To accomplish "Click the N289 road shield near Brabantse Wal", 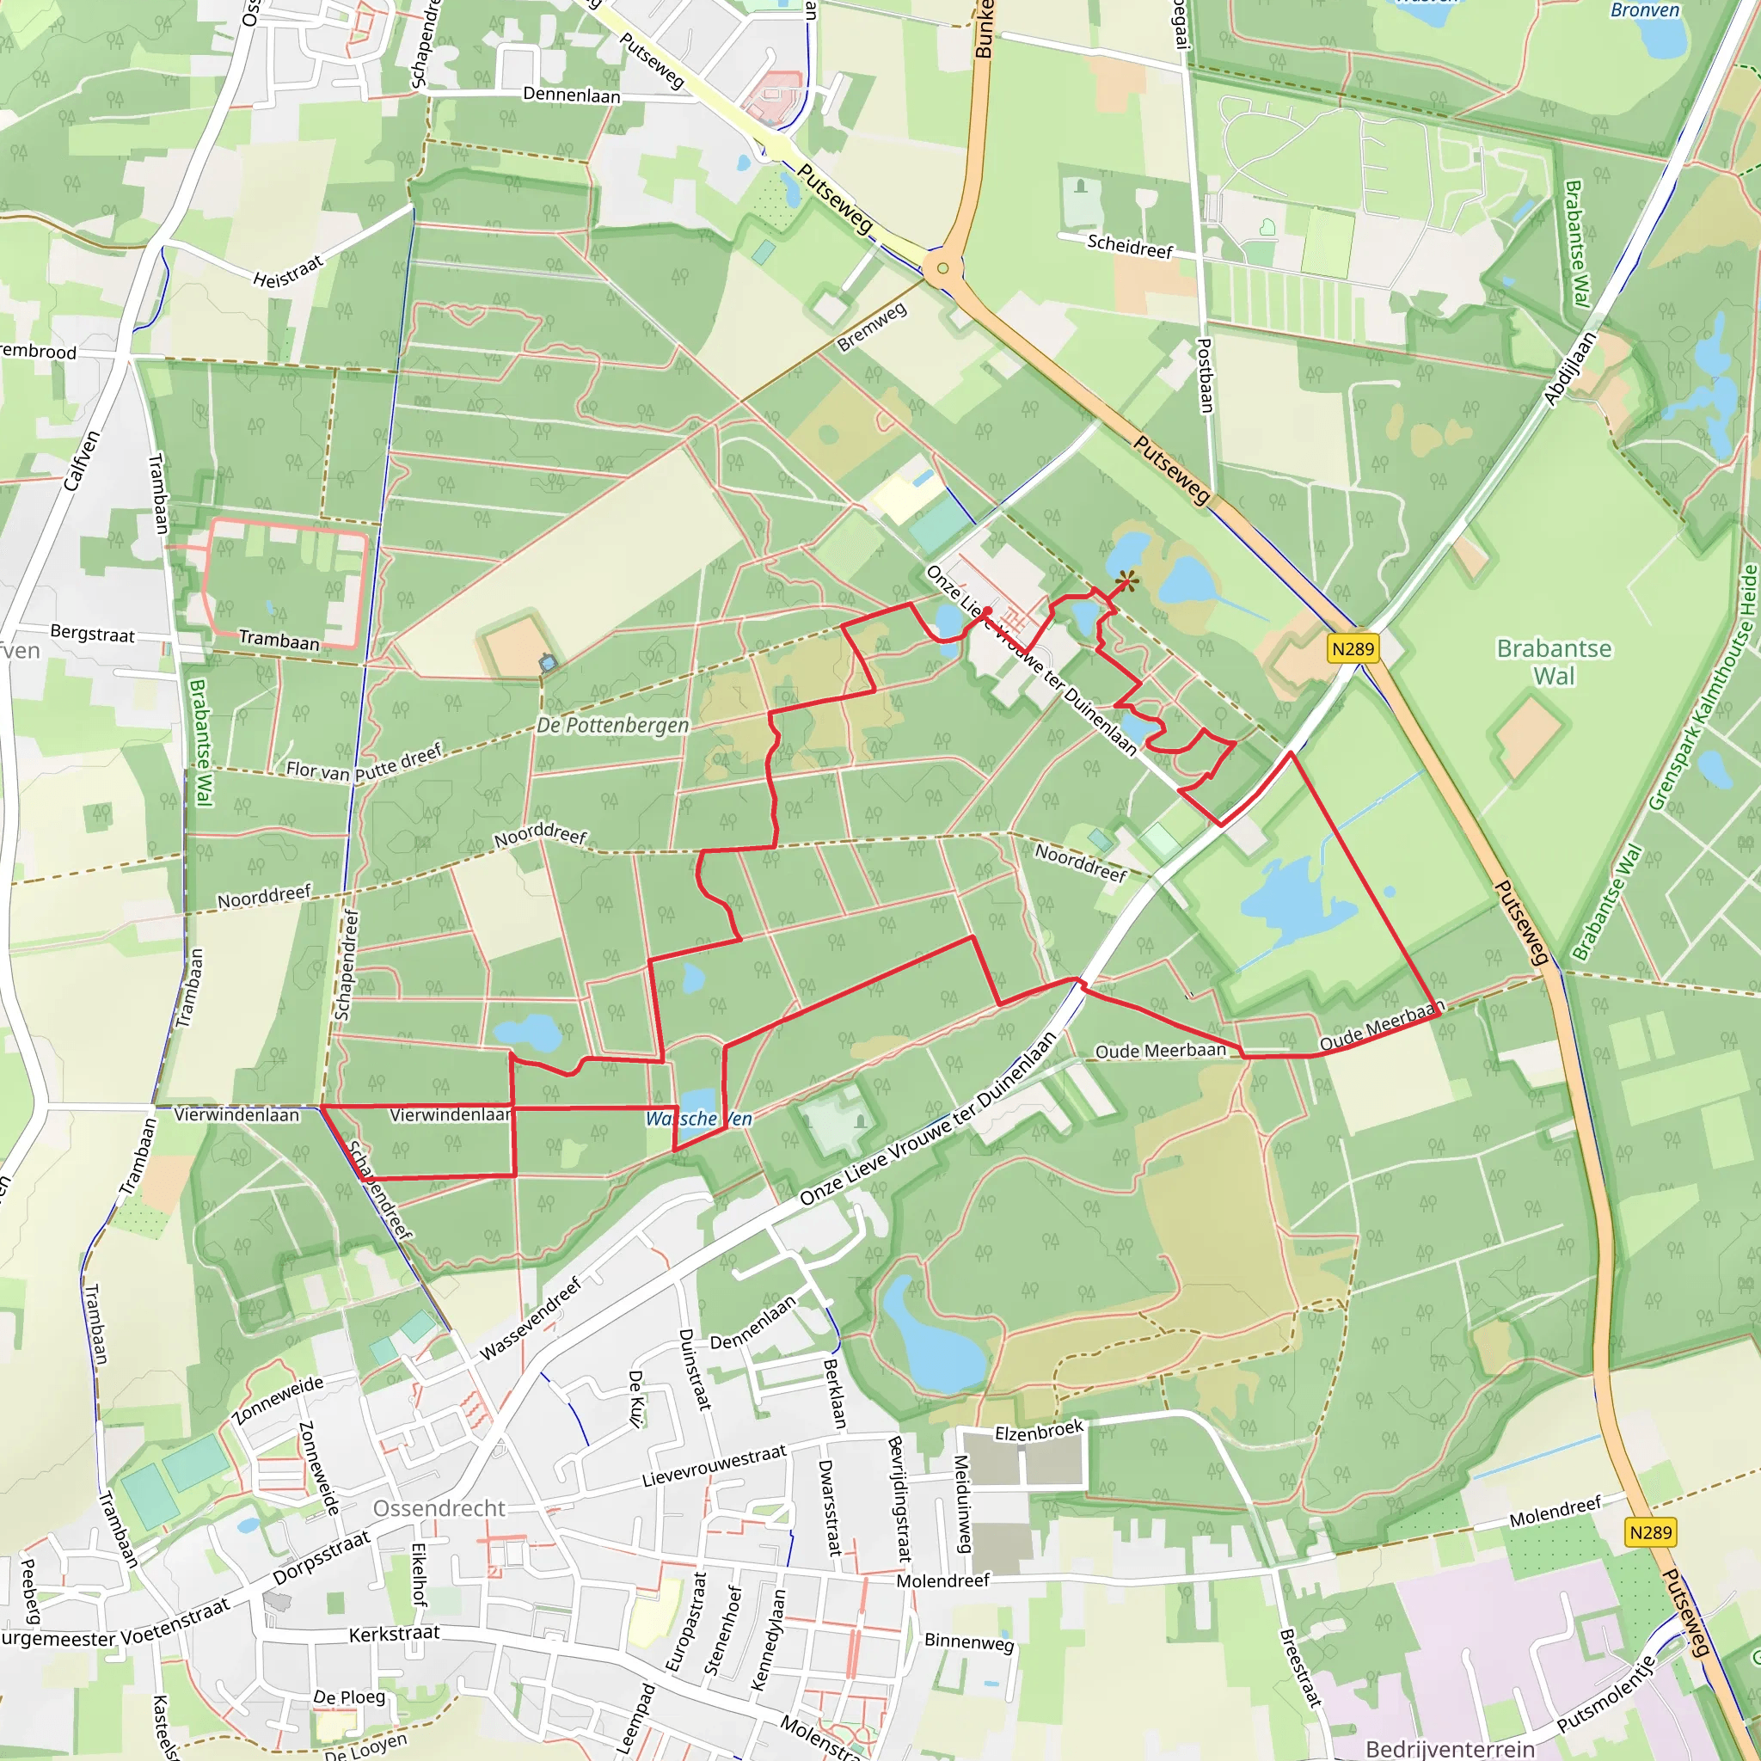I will (x=1353, y=649).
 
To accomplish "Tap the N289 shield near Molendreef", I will (x=1651, y=1532).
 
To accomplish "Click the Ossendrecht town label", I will (x=439, y=1508).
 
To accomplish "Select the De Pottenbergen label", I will (x=612, y=726).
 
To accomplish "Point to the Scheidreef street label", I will (x=1129, y=245).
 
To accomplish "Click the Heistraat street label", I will (x=288, y=272).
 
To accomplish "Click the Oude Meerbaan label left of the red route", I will (x=1160, y=1051).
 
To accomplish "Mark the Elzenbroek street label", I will (x=1038, y=1430).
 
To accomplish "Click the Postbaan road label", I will (x=1206, y=376).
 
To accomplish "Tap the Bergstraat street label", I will (x=92, y=634).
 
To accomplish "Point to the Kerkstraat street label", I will (x=394, y=1635).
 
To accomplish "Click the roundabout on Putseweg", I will (x=942, y=268).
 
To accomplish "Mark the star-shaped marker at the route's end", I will (x=1126, y=580).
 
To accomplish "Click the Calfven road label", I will (x=81, y=460).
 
